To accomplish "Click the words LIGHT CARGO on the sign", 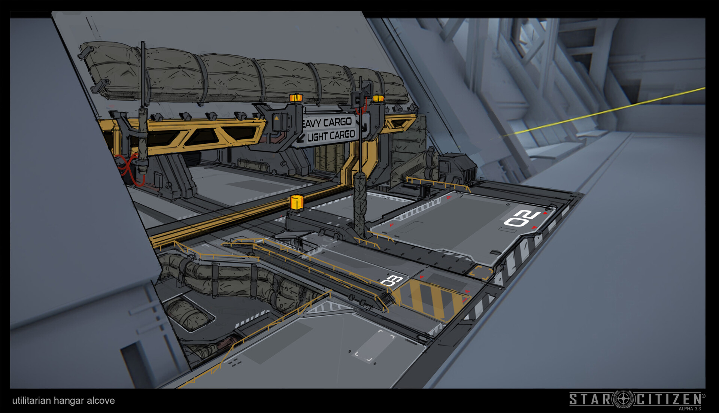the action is click(x=331, y=136).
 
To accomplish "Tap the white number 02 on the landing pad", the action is click(x=522, y=219).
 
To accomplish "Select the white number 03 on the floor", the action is click(x=391, y=280).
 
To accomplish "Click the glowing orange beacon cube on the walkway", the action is click(x=297, y=203).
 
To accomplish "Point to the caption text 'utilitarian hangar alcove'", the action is click(x=63, y=400).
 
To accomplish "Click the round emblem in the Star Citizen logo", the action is click(x=624, y=399).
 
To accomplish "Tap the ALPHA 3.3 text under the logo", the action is click(x=690, y=409).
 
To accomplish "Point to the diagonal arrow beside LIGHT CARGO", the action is click(x=300, y=139).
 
